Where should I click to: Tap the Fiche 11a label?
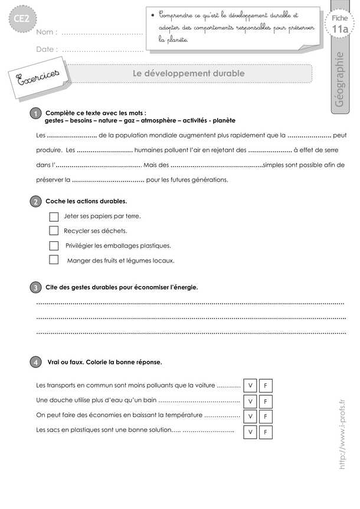(339, 25)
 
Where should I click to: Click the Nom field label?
(47, 32)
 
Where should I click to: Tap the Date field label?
(47, 50)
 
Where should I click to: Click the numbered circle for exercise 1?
(35, 113)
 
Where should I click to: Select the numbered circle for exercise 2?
(35, 202)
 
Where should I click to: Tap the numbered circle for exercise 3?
(35, 287)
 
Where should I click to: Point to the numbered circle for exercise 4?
(35, 362)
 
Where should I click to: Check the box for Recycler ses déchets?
(54, 231)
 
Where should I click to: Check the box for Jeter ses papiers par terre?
(54, 216)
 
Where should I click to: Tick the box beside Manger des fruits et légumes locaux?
(54, 260)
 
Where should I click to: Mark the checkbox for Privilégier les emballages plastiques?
(54, 245)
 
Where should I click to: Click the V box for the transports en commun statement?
(250, 386)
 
